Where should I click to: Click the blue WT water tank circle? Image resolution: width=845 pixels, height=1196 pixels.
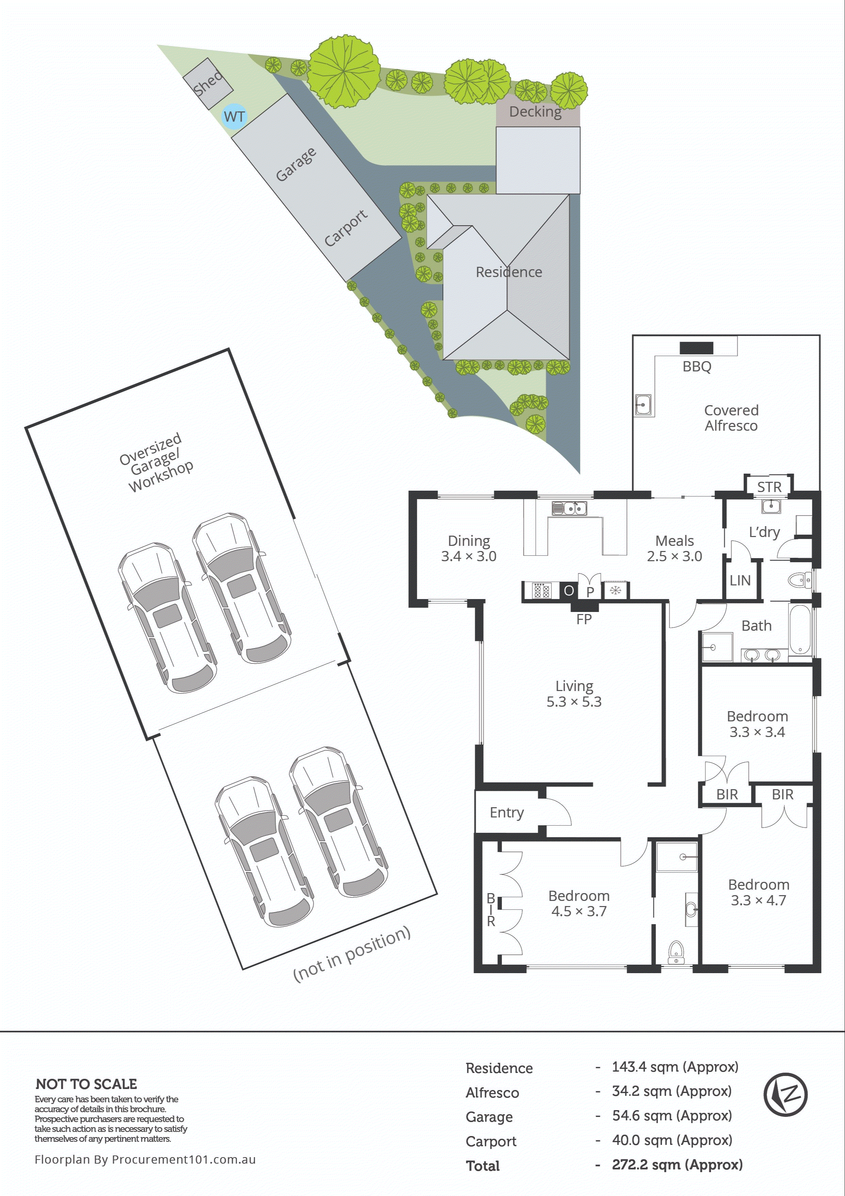pyautogui.click(x=234, y=116)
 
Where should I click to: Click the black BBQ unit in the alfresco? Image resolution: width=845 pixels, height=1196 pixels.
pyautogui.click(x=696, y=348)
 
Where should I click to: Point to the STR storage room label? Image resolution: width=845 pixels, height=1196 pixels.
pyautogui.click(x=769, y=487)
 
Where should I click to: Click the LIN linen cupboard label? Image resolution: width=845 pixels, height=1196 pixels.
pyautogui.click(x=740, y=580)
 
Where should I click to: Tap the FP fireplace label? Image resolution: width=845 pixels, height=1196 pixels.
pyautogui.click(x=584, y=619)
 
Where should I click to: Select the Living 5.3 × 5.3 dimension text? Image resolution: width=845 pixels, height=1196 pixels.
pyautogui.click(x=574, y=702)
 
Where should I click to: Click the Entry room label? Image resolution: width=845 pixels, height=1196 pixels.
pyautogui.click(x=506, y=813)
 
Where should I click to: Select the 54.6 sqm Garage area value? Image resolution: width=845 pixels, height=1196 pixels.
pyautogui.click(x=672, y=1116)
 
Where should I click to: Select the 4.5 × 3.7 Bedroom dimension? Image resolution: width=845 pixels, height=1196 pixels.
pyautogui.click(x=579, y=911)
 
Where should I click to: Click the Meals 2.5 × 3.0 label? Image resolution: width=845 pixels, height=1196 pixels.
pyautogui.click(x=674, y=549)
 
